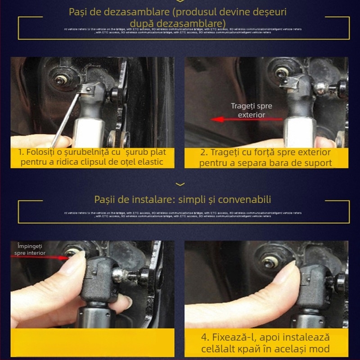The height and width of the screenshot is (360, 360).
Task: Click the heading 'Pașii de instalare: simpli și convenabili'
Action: (183, 199)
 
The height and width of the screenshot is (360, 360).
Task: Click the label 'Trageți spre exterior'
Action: (252, 110)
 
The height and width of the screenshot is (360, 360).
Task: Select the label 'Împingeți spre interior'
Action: (31, 249)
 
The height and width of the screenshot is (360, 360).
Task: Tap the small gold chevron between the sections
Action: (180, 184)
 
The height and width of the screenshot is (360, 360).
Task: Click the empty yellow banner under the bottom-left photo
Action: (92, 342)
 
